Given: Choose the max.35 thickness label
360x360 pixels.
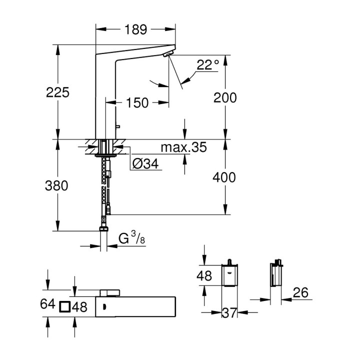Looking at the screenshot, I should tap(183, 148).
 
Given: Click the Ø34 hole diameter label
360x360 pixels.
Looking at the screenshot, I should tap(146, 163).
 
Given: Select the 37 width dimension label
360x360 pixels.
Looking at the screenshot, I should tap(229, 313).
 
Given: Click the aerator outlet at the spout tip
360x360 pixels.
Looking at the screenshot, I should tap(169, 54).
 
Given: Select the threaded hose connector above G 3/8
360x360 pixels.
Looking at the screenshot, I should tap(103, 228).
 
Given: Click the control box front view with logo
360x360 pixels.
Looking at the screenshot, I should tap(229, 275).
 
